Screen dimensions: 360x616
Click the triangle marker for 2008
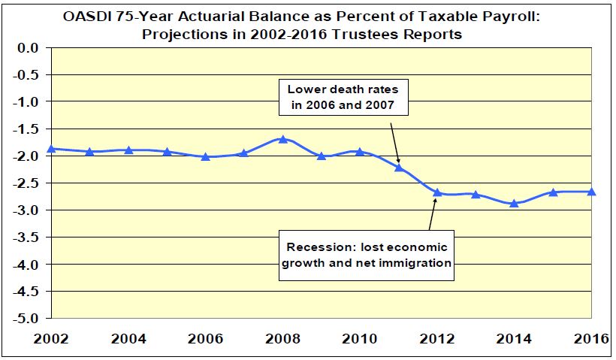click(282, 139)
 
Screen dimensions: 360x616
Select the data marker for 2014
click(514, 203)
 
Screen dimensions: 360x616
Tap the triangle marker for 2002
click(51, 149)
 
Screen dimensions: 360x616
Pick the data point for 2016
click(591, 192)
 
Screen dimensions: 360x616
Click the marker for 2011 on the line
click(399, 167)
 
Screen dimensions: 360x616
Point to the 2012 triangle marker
click(437, 192)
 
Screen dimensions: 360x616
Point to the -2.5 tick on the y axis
click(26, 183)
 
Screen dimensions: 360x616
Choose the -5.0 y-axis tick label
click(26, 318)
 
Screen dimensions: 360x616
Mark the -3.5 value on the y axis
click(26, 237)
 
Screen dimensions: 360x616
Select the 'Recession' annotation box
click(366, 256)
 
